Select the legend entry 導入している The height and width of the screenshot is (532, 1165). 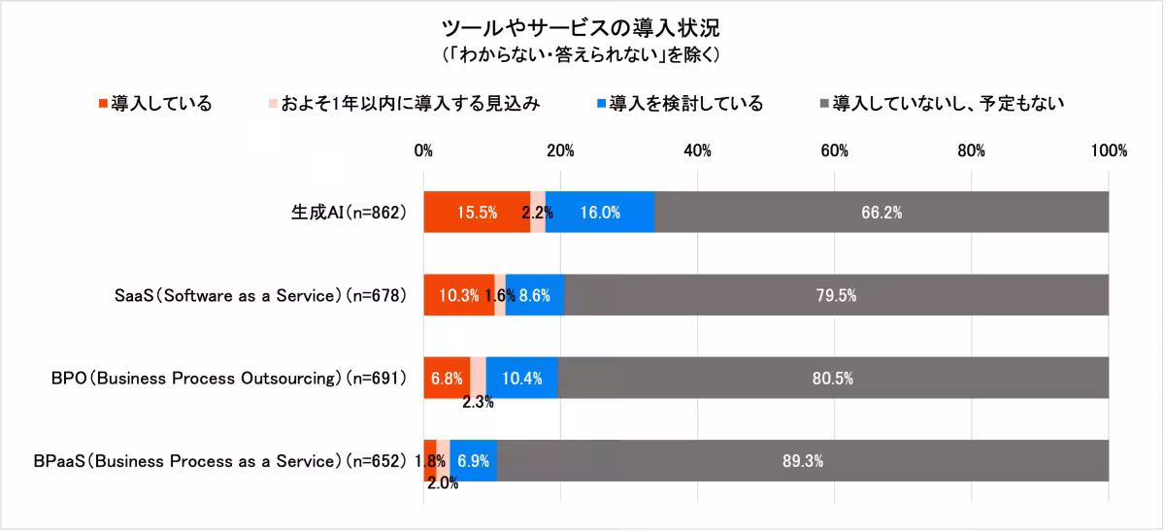(154, 103)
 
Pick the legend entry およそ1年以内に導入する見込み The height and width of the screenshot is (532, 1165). (403, 103)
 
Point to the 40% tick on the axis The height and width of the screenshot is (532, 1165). (697, 150)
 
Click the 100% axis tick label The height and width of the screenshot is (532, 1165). (1108, 150)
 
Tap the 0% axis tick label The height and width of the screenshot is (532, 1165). (423, 150)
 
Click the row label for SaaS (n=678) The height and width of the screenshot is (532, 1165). (253, 295)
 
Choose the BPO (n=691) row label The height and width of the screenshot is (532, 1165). (228, 378)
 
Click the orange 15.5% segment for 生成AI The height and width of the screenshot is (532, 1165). (476, 213)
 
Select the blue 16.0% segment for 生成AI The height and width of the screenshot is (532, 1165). (599, 213)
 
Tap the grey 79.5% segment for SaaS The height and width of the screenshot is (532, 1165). (835, 295)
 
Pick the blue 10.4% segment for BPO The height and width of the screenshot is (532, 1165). (521, 378)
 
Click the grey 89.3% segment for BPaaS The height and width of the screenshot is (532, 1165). (802, 461)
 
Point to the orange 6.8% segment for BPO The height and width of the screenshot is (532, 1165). (447, 378)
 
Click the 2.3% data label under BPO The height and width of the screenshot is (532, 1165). (478, 402)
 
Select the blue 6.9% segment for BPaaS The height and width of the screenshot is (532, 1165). (473, 461)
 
